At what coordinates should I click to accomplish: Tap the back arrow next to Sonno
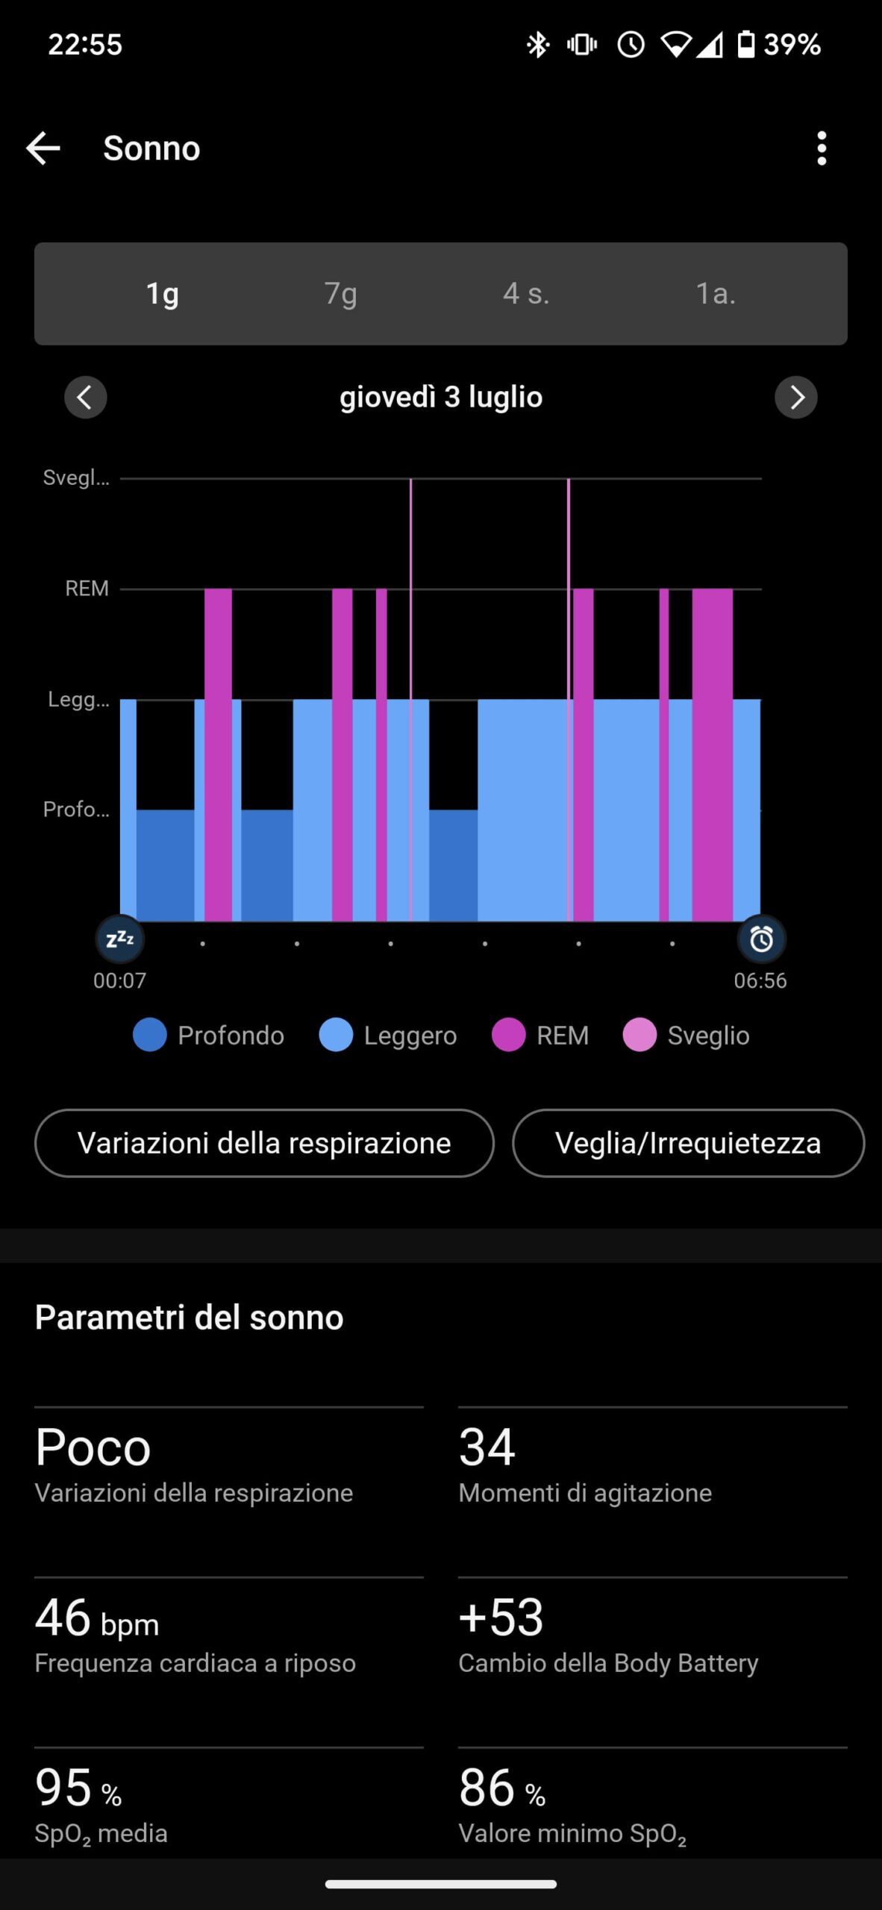coord(43,148)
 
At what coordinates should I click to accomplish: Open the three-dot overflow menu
coord(822,148)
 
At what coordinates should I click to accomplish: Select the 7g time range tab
coord(340,293)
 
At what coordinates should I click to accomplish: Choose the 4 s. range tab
coord(525,293)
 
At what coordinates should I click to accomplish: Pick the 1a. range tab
coord(716,293)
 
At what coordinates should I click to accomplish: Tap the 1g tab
coord(162,293)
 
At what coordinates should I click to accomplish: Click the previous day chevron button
coord(86,397)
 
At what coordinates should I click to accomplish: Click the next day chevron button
coord(796,397)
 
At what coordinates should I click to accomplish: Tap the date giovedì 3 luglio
coord(441,397)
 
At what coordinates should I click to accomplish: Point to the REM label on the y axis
coord(87,589)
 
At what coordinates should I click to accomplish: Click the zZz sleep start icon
coord(120,939)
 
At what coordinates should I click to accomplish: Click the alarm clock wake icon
coord(761,939)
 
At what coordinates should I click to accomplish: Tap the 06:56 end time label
coord(760,980)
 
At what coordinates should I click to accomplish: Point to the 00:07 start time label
coord(119,980)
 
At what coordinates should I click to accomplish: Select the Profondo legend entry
coord(209,1036)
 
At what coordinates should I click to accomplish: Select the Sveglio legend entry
coord(686,1036)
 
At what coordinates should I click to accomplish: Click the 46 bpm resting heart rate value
coord(97,1618)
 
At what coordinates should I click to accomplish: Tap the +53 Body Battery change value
coord(501,1618)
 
